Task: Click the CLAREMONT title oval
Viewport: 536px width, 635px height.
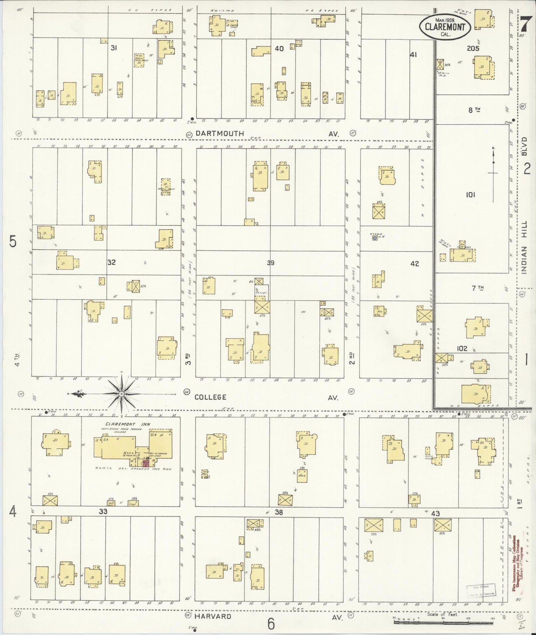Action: tap(445, 26)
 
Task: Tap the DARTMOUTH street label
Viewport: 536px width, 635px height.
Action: tap(220, 133)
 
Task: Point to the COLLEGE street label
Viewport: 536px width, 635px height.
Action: tap(210, 397)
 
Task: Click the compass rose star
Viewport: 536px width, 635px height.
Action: tap(122, 395)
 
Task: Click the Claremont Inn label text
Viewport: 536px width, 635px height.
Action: tap(122, 424)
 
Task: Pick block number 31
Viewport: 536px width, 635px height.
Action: tap(114, 47)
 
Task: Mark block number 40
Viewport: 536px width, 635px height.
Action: tap(279, 48)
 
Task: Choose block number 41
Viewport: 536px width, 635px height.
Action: tap(414, 54)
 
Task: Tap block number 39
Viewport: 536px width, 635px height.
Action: tap(270, 263)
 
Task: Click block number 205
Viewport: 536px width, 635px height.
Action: tap(473, 48)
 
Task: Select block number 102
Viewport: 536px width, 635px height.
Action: tap(462, 348)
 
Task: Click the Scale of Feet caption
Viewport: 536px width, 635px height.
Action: tap(443, 614)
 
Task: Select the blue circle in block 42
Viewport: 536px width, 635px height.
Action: tap(375, 239)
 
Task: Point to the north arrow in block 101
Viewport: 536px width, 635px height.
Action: tap(493, 163)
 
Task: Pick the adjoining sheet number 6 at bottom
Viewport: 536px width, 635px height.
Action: tap(271, 624)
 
